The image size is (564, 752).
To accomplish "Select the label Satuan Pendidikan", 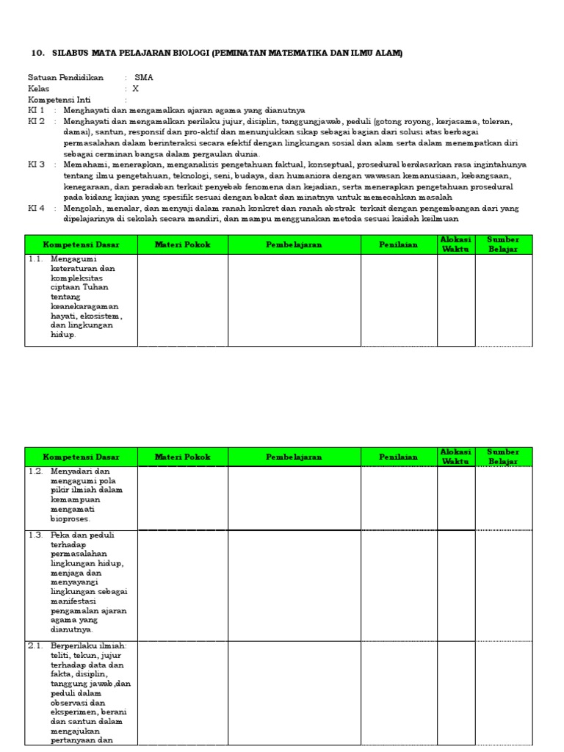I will [65, 77].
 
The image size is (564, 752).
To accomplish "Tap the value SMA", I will [144, 77].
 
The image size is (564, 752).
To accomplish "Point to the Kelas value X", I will [135, 88].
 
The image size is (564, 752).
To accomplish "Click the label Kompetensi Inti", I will [63, 99].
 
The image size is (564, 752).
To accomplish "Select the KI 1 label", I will [37, 110].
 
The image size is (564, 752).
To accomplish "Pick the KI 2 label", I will [37, 121].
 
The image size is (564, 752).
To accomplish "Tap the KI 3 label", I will [37, 164].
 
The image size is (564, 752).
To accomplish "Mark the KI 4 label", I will [37, 208].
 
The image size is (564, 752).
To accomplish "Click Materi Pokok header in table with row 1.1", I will [182, 245].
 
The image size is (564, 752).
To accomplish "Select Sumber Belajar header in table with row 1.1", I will [503, 245].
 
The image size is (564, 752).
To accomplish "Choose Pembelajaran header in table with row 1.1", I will [294, 245].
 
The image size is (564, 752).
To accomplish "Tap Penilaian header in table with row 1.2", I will [399, 457].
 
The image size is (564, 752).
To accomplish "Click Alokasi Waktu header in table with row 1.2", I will [456, 457].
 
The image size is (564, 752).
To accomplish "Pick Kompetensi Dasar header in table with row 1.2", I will [81, 457].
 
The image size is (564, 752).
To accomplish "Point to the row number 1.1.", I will [36, 258].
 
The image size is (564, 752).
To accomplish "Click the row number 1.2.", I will [36, 471].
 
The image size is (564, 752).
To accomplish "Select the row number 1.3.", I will [36, 535].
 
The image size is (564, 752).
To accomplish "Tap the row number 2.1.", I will [36, 646].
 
